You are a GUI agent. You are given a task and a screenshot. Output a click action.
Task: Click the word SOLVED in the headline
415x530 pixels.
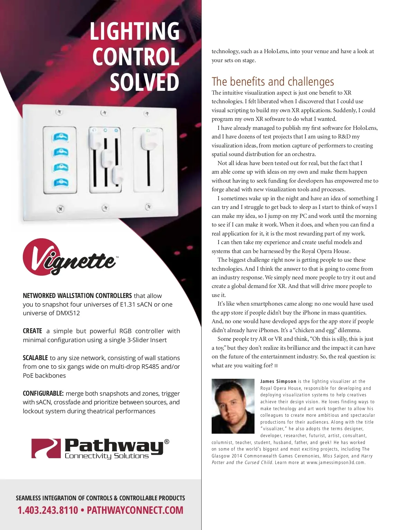(145, 83)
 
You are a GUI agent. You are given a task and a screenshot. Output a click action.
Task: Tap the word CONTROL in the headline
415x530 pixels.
(136, 57)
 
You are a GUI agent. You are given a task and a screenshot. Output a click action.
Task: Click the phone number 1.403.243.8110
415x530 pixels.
(48, 510)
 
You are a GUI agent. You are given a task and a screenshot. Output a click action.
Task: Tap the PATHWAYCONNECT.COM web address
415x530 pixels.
(135, 510)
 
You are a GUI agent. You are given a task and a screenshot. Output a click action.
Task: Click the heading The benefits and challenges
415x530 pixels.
(273, 81)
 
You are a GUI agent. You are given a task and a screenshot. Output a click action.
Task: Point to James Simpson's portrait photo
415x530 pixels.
(233, 406)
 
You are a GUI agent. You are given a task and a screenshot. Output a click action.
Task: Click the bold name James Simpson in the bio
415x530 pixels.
(278, 382)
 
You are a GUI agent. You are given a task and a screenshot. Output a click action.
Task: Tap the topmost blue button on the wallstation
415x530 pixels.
(60, 137)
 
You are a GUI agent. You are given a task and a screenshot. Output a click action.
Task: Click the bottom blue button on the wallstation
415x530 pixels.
(60, 182)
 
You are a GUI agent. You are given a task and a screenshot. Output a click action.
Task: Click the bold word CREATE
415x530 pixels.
(33, 331)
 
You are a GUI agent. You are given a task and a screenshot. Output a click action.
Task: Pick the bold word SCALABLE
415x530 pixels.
(35, 358)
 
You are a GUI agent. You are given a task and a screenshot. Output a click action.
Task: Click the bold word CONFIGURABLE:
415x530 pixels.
(43, 393)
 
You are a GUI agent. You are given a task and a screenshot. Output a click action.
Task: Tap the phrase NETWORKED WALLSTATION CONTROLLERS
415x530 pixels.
(77, 296)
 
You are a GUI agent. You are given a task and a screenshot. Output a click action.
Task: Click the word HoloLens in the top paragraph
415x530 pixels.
(276, 51)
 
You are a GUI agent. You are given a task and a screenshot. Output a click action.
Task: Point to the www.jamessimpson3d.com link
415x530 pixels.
(335, 463)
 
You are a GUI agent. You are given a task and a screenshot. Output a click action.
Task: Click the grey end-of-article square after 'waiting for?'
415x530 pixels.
(276, 365)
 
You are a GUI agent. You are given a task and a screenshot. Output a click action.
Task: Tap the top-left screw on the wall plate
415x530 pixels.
(59, 112)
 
